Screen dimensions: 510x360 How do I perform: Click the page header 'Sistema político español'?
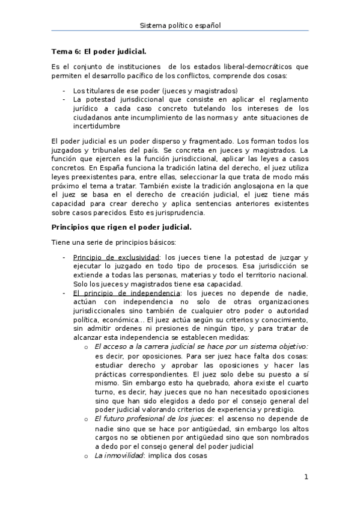180,25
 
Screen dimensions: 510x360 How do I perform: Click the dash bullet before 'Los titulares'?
64,91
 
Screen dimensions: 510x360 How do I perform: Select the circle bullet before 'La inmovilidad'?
88,455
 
